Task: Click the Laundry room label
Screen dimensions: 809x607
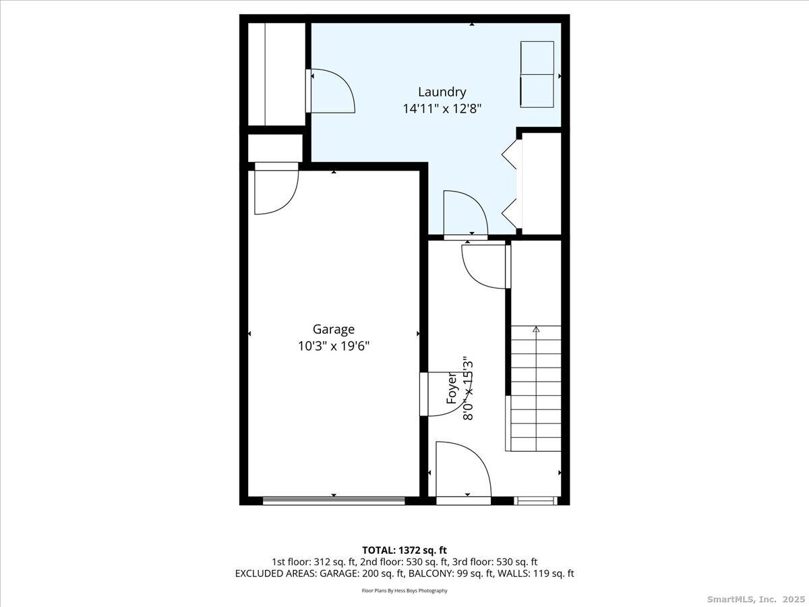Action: (x=442, y=92)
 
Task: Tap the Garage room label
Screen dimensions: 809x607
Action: (x=334, y=329)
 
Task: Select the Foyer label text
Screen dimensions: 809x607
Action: (x=452, y=388)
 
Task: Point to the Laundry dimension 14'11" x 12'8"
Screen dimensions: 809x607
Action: (x=442, y=109)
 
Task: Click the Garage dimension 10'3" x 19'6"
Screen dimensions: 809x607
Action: (x=334, y=347)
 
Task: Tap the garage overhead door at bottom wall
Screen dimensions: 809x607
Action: (x=334, y=500)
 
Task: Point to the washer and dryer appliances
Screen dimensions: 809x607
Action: (x=537, y=74)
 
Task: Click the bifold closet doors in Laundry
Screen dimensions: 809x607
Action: (x=512, y=184)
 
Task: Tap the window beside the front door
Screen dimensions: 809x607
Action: (x=535, y=500)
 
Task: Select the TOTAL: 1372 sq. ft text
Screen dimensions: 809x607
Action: (x=404, y=550)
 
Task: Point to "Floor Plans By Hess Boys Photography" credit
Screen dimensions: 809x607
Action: (x=404, y=591)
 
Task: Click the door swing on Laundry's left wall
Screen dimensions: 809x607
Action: (x=330, y=90)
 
